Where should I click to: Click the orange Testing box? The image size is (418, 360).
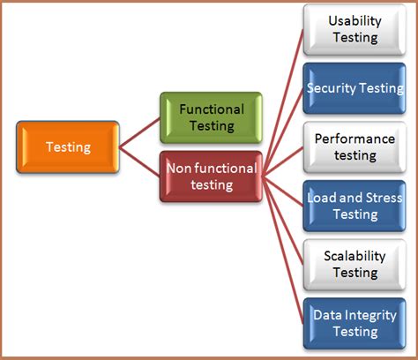(67, 147)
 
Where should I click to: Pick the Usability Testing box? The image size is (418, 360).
(354, 29)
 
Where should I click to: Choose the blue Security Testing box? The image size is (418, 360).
(354, 88)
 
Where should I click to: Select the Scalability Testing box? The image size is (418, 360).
(354, 264)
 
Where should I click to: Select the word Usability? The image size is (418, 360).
(354, 21)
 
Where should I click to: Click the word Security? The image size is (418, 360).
(332, 88)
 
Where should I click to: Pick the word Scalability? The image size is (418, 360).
(354, 256)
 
